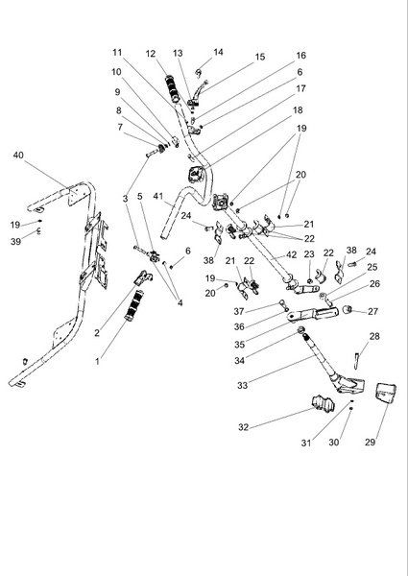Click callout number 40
18,156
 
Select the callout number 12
151,54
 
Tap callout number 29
371,442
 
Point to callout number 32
244,427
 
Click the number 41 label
158,197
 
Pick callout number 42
291,255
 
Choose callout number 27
372,311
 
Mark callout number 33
242,385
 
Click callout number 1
97,362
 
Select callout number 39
15,241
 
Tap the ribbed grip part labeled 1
133,305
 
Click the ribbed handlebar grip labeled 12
173,88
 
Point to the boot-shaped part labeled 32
324,403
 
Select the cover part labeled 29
385,393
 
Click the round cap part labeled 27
347,310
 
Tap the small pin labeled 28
356,361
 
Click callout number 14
218,53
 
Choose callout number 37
239,311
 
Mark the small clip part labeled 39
38,231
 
